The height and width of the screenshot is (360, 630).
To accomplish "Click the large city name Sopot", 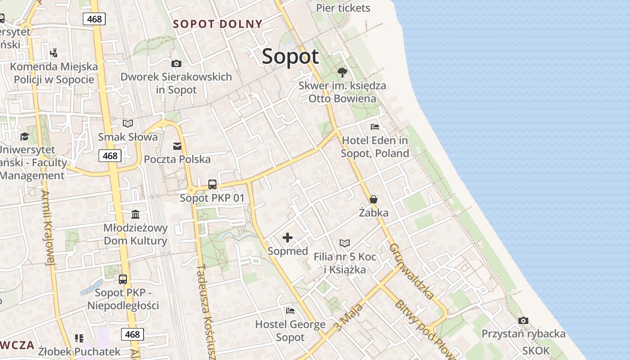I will (x=290, y=57).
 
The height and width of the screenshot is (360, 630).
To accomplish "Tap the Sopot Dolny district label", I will (x=218, y=24).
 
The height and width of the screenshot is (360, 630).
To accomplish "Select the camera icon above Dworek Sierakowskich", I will (x=176, y=64).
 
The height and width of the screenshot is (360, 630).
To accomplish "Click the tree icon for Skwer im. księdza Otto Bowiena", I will (x=342, y=72).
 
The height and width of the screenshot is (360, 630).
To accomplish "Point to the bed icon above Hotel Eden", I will (x=374, y=127).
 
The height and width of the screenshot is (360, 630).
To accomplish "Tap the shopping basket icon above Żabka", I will (x=373, y=199).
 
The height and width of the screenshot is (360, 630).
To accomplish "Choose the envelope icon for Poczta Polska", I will (x=177, y=146).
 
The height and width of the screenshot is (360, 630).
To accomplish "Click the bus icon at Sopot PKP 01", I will (x=212, y=184).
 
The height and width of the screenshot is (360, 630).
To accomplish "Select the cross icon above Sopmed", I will (x=288, y=238).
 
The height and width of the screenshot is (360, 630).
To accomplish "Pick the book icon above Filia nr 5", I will (x=345, y=243).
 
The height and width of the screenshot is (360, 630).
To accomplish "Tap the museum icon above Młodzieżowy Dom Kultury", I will (x=135, y=214).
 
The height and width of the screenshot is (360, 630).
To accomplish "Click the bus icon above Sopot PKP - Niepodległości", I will (x=123, y=279).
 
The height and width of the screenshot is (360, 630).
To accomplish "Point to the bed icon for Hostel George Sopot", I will (x=290, y=311).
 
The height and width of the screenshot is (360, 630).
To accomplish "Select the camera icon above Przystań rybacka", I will (x=523, y=321).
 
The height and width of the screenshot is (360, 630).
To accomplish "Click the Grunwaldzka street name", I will (x=412, y=272).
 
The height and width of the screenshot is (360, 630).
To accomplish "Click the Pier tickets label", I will (x=343, y=8).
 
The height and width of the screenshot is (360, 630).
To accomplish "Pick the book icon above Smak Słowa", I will (x=128, y=123).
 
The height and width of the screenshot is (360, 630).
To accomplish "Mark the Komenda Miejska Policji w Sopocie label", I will (x=54, y=73).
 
